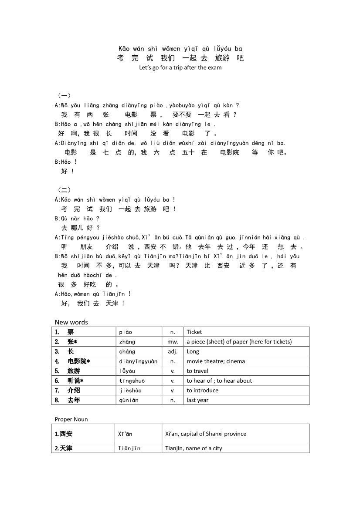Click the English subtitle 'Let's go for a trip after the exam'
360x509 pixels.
tap(180, 67)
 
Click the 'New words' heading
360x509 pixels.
tap(71, 322)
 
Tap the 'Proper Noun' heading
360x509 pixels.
tap(71, 419)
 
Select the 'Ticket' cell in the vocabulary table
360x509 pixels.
tap(194, 332)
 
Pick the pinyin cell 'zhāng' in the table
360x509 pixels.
tap(127, 342)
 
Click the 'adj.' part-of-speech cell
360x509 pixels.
tap(173, 351)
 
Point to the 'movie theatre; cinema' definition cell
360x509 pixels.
tap(216, 361)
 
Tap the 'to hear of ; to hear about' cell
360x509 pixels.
tap(219, 381)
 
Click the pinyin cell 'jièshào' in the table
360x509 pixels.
tap(130, 391)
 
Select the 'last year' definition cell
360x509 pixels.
tap(197, 400)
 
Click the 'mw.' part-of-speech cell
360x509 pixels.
tap(173, 342)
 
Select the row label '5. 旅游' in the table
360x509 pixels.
tap(68, 371)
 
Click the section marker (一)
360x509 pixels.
tap(64, 95)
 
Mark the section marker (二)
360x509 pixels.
tap(64, 190)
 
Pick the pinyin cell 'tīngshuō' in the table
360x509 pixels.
tap(132, 381)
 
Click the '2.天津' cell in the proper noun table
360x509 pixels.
tap(64, 448)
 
